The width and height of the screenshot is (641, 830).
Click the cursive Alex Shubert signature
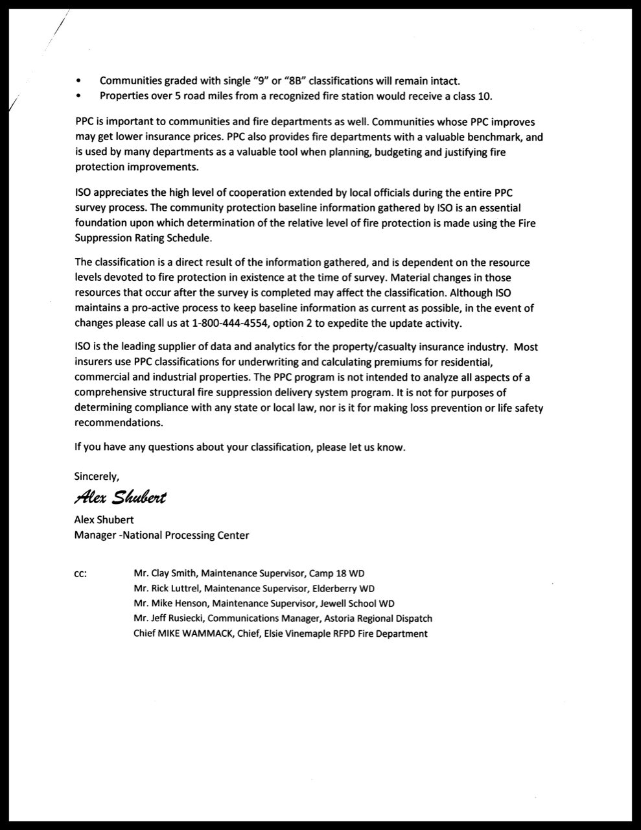(121, 497)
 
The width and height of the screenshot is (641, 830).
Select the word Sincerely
(97, 476)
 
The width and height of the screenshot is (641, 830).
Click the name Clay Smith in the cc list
(175, 573)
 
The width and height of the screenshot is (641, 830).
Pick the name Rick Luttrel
(176, 589)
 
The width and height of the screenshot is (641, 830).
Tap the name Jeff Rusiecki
(178, 619)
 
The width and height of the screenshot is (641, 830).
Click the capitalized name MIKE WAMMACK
(188, 634)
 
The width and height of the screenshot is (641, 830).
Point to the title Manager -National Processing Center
(161, 535)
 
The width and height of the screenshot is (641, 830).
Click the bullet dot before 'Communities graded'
(79, 81)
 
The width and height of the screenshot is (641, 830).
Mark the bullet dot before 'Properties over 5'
(79, 96)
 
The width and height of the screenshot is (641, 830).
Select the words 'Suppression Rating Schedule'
(143, 238)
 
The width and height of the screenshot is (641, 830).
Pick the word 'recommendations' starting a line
(118, 423)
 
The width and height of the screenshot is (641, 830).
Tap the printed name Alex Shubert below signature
(104, 520)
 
